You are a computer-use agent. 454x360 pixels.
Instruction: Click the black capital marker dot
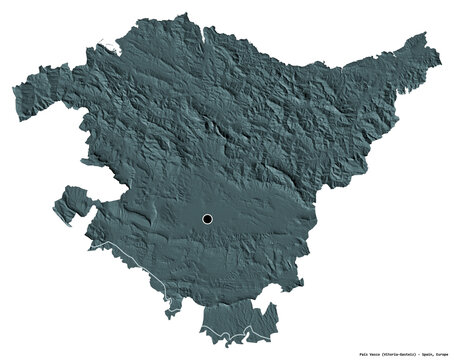point(207,218)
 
